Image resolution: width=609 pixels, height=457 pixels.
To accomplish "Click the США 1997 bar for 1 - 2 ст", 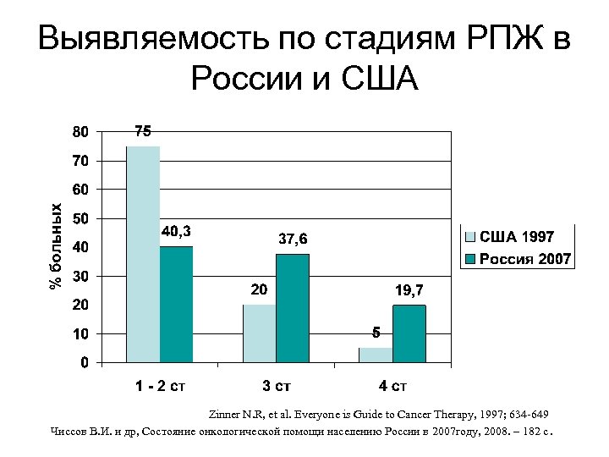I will [x=143, y=254].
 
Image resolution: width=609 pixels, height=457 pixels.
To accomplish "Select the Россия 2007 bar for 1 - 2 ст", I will [x=176, y=305].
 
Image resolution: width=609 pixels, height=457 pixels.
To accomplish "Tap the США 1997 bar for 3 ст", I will [x=260, y=333].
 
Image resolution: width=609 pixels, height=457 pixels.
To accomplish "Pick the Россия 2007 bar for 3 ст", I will [x=293, y=308].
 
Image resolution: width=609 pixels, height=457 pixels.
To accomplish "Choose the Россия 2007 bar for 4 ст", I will [x=409, y=334].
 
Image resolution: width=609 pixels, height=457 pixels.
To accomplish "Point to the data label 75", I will [x=143, y=131].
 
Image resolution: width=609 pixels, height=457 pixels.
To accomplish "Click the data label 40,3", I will [x=176, y=231].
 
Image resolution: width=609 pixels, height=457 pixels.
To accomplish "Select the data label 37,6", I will [x=293, y=240].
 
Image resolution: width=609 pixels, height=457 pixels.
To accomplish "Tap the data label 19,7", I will [x=409, y=290].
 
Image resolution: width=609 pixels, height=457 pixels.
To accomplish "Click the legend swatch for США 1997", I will [x=471, y=237].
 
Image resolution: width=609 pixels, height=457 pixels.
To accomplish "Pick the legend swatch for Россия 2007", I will [x=471, y=258].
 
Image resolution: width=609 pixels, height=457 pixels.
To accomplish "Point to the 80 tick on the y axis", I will [x=79, y=132].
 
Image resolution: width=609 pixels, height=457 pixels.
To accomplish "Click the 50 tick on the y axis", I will [x=79, y=219].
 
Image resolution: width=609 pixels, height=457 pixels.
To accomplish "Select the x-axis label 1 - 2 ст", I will [x=160, y=388].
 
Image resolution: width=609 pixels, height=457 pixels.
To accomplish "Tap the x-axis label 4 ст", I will [x=392, y=388].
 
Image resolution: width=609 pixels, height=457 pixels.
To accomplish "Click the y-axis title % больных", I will [x=56, y=246].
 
